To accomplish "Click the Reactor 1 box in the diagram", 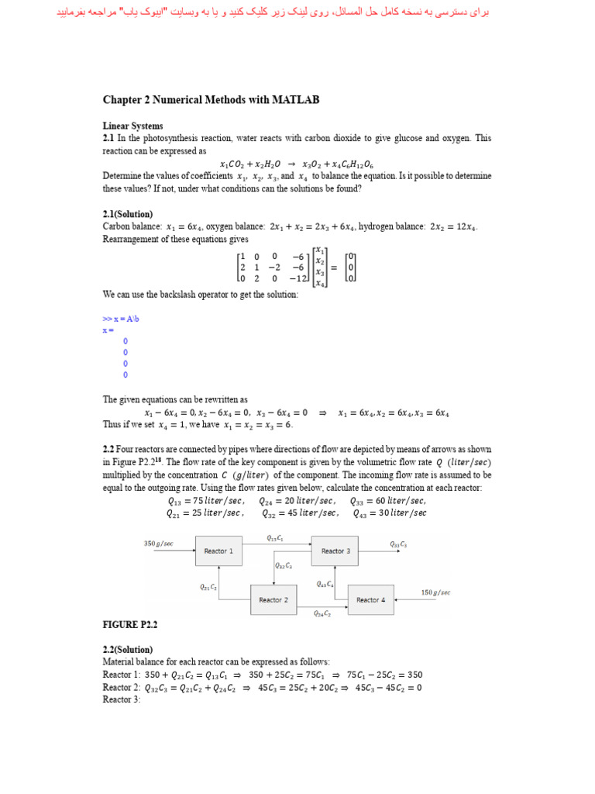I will [215, 551].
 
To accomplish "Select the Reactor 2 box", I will [273, 600].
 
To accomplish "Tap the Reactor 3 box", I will [335, 551].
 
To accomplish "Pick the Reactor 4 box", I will [371, 600].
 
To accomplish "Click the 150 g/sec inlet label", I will [435, 592].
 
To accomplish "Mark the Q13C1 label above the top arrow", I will [275, 538].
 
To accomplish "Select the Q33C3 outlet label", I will [398, 544].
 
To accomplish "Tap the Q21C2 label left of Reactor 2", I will [208, 587].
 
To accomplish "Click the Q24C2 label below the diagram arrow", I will [322, 614].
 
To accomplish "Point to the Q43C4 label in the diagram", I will [325, 584].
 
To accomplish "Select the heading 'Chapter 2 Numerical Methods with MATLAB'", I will [211, 100].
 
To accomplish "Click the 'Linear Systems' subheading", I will [133, 126].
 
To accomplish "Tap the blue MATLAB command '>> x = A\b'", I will [121, 319].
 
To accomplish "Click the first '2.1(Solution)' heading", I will [128, 213].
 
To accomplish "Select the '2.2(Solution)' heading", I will [128, 649].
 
